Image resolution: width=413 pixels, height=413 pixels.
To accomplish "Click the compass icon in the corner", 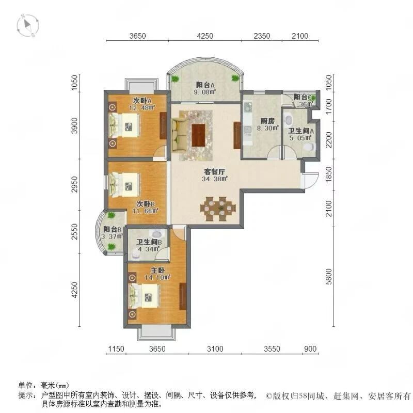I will click(x=27, y=26).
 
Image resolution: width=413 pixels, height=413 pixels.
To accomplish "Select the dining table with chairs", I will click(x=218, y=208).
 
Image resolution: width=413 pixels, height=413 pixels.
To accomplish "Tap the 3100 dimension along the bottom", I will click(x=215, y=350).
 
